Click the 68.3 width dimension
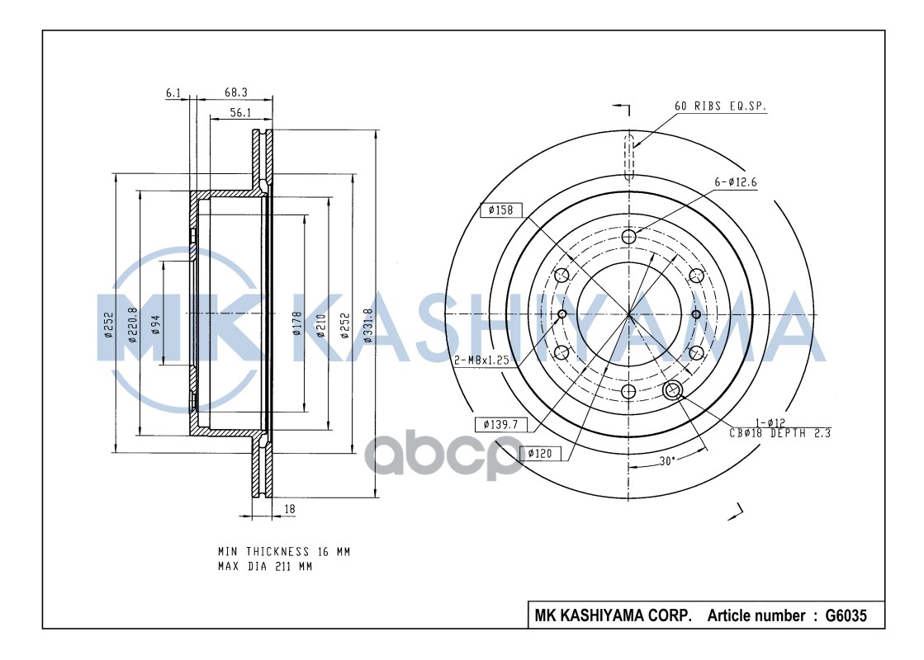click(235, 92)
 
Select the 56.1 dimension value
click(240, 112)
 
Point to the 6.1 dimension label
click(173, 93)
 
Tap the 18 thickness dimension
click(289, 509)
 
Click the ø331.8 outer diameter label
click(368, 326)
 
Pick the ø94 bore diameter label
click(155, 324)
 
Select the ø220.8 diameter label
click(133, 325)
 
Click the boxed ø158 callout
click(501, 210)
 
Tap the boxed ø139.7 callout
click(501, 424)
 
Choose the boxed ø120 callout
click(540, 454)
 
